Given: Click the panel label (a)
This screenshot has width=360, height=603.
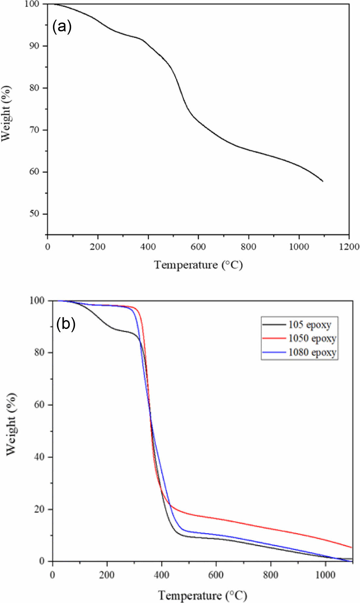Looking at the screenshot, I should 62,27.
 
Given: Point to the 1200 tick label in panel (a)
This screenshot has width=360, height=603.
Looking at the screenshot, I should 349,247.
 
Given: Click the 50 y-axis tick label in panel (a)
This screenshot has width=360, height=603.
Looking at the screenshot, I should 34,214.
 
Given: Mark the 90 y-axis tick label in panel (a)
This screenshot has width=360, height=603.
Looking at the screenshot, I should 34,46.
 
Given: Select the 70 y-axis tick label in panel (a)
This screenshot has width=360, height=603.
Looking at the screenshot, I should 34,130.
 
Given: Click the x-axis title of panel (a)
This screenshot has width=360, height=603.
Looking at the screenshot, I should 198,265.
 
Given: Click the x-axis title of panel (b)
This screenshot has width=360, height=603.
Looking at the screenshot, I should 203,595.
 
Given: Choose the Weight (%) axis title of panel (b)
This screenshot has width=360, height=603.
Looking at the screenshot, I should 11,424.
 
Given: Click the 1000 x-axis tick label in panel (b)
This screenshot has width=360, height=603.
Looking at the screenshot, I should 325,575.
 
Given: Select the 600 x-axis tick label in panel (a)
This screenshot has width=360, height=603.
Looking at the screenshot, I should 198,247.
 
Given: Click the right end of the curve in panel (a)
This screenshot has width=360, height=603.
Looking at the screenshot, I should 323,181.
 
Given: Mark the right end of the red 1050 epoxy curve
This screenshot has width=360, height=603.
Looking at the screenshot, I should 352,547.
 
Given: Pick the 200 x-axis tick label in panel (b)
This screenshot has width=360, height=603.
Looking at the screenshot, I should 107,575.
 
